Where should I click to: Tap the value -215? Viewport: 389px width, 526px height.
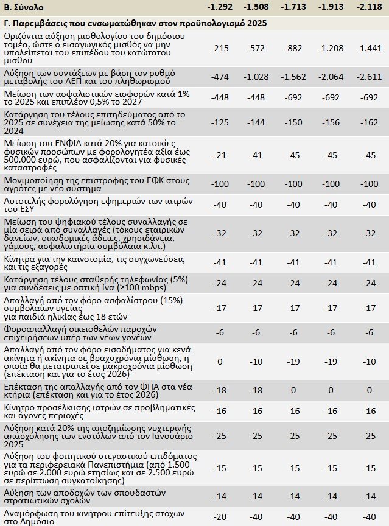219,48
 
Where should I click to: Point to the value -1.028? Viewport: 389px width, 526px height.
257,76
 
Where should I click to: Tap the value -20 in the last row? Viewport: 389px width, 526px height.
219,516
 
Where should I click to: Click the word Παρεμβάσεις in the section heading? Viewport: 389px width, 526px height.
38,23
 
